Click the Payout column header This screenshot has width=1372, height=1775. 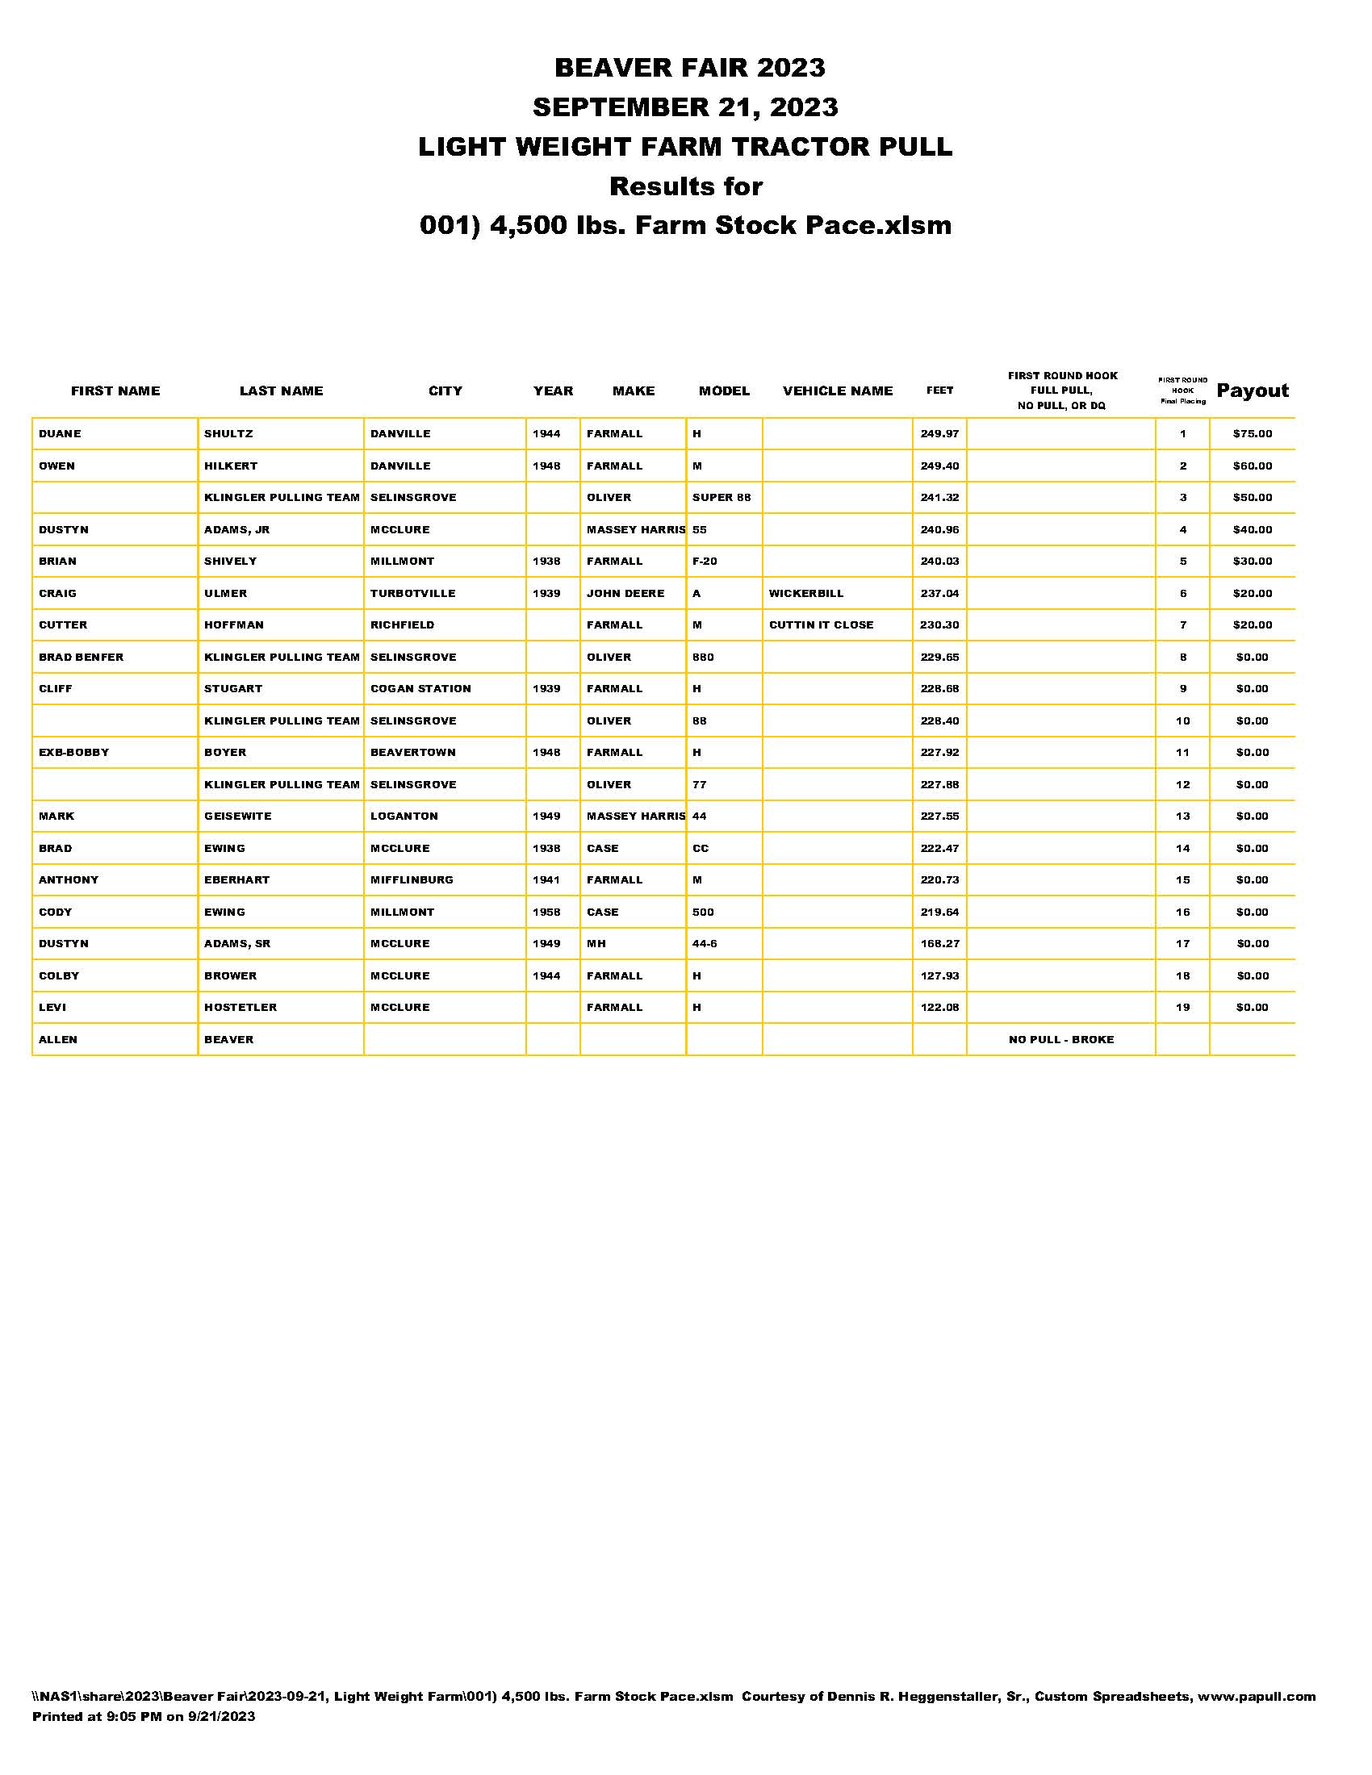click(1252, 391)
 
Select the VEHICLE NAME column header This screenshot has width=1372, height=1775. click(837, 391)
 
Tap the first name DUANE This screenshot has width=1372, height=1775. click(61, 434)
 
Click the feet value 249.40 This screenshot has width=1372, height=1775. click(939, 466)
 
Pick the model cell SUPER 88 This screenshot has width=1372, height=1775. click(721, 497)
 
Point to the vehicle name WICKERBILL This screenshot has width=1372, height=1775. click(805, 593)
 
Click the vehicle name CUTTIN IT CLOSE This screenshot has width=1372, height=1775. click(821, 625)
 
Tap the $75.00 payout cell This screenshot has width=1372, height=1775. click(1252, 434)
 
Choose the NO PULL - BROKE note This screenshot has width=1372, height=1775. click(1060, 1039)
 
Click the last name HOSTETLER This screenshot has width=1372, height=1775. click(240, 1008)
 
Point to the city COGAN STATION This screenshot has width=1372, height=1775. click(420, 689)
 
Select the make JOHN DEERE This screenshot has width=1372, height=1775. click(625, 593)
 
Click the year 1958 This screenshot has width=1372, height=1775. click(546, 912)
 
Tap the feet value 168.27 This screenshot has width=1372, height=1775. click(939, 944)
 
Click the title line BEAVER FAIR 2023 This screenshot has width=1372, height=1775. click(689, 68)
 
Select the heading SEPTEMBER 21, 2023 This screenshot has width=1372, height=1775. click(685, 106)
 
